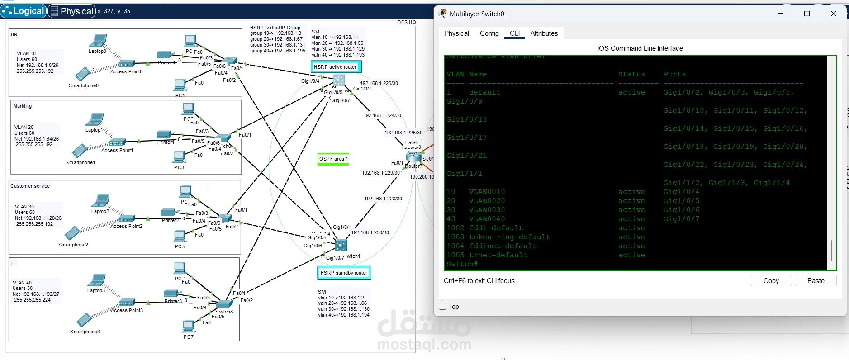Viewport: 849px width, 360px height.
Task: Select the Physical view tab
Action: [72, 11]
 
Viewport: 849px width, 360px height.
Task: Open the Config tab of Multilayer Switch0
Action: [489, 33]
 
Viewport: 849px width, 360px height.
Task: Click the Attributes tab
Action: [544, 33]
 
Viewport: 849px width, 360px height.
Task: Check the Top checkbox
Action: [442, 306]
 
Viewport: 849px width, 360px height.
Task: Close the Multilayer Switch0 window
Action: [833, 14]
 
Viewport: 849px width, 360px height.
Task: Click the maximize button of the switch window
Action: [806, 14]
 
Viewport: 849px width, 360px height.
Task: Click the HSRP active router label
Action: [335, 67]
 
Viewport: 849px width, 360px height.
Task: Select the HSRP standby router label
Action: [344, 273]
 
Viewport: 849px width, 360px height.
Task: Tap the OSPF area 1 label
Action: [333, 159]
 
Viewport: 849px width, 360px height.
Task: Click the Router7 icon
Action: [413, 156]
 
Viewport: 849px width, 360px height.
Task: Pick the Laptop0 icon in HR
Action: [98, 41]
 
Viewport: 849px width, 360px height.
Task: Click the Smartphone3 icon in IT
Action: [84, 320]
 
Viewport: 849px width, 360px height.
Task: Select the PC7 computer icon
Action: [189, 326]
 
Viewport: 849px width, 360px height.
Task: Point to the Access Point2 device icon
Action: [126, 218]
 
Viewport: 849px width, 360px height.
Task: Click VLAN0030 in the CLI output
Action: [487, 210]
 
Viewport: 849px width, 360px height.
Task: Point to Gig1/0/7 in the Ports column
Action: [681, 219]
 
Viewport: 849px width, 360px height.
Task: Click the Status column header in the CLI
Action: [631, 74]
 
